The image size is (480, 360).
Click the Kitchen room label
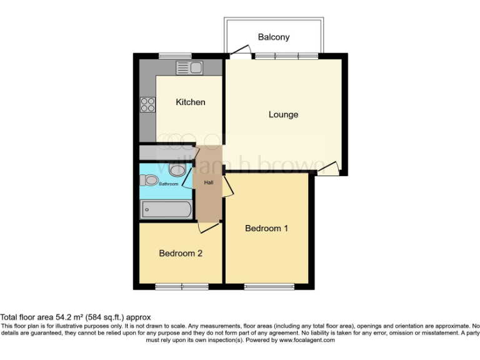(x=190, y=102)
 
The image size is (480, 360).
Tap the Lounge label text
(x=283, y=114)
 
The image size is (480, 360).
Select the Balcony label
(x=274, y=37)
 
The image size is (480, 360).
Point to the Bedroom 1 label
(x=266, y=228)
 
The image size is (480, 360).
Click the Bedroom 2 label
(x=180, y=253)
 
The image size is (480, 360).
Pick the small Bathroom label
(x=168, y=184)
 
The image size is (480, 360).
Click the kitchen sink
(x=188, y=67)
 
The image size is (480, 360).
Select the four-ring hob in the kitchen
(x=147, y=104)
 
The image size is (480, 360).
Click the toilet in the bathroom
(x=150, y=181)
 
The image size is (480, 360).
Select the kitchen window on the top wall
(x=174, y=56)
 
